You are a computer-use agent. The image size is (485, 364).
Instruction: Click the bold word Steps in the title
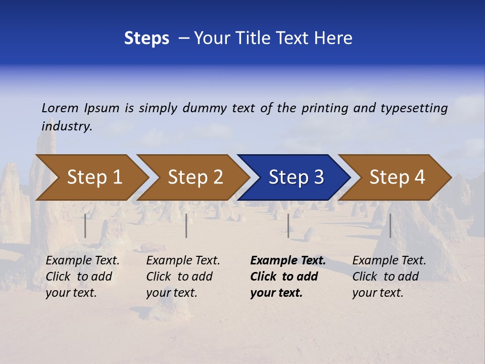(x=147, y=38)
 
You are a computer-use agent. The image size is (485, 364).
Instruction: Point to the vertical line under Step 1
(x=85, y=225)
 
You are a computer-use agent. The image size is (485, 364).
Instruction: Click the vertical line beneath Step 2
(x=186, y=225)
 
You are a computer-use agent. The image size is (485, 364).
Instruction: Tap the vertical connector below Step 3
(x=288, y=225)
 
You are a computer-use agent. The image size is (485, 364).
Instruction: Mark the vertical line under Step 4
(x=390, y=225)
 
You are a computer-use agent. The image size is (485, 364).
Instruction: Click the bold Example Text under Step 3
(x=288, y=261)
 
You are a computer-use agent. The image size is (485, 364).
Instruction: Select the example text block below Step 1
(x=82, y=277)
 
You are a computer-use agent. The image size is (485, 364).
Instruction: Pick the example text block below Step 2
(x=183, y=277)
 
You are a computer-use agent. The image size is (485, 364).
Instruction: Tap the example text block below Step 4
(x=389, y=277)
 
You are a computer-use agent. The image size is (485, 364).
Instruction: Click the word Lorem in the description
(x=60, y=108)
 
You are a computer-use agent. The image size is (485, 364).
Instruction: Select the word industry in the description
(x=66, y=126)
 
